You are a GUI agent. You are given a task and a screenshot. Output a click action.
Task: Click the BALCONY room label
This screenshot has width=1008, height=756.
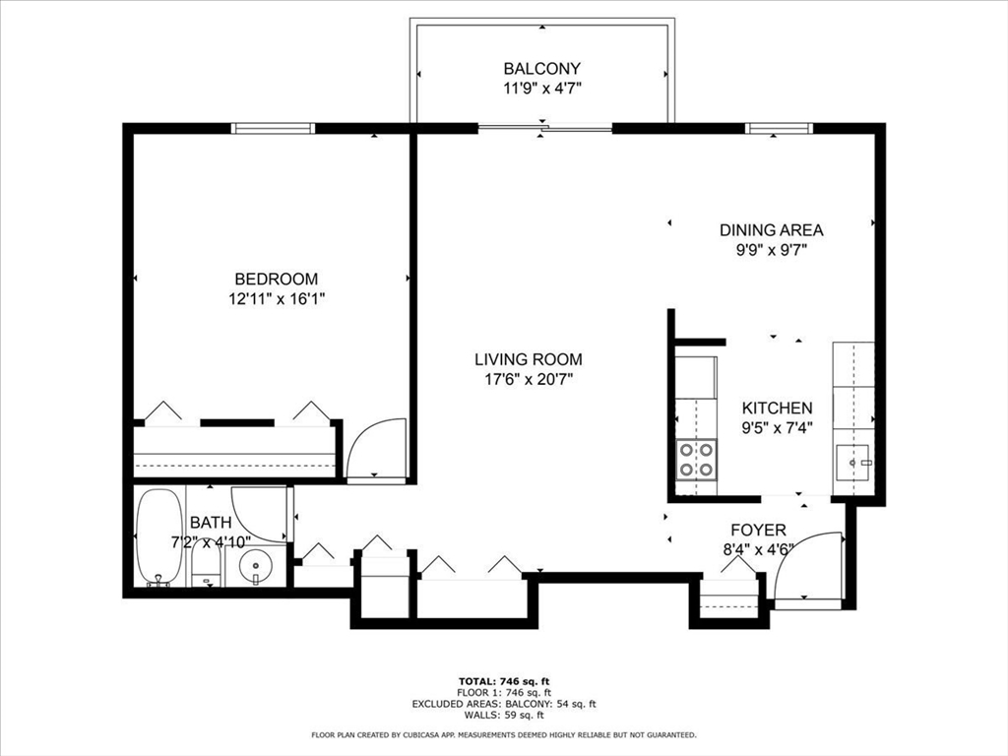pos(542,68)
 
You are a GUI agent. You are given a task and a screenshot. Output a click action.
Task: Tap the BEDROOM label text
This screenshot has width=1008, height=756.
pos(277,279)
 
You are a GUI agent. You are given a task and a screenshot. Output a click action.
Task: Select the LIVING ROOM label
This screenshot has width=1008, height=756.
pos(529,359)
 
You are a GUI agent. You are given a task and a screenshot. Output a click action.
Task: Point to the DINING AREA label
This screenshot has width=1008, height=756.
pos(772,229)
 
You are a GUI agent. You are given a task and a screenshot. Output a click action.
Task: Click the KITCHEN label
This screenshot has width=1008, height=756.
pos(778,408)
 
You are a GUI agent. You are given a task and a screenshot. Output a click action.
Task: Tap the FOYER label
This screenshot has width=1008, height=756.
pos(759,530)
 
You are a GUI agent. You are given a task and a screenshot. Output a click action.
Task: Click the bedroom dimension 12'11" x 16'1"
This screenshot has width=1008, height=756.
pos(277,299)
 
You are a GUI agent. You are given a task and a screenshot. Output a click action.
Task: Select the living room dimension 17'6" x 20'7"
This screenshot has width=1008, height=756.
pos(529,379)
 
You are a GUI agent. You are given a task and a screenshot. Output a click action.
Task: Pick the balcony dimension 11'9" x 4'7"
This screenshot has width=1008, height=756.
pos(542,88)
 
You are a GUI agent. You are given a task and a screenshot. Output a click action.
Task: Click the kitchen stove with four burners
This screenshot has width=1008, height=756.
pos(698,460)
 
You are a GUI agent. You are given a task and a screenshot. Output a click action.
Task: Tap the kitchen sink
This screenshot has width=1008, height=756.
pos(852,463)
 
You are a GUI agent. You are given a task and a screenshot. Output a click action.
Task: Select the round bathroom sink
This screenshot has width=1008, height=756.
pos(256,567)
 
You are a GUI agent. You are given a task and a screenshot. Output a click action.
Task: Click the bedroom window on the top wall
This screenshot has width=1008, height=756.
pos(274,129)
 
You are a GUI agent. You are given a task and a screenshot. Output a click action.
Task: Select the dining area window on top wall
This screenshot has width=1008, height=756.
pos(780,129)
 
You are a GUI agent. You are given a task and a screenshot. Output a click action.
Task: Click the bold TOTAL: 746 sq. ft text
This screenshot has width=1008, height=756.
pos(504,681)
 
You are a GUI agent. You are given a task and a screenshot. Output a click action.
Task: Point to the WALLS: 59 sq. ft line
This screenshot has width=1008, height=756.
pos(504,715)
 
